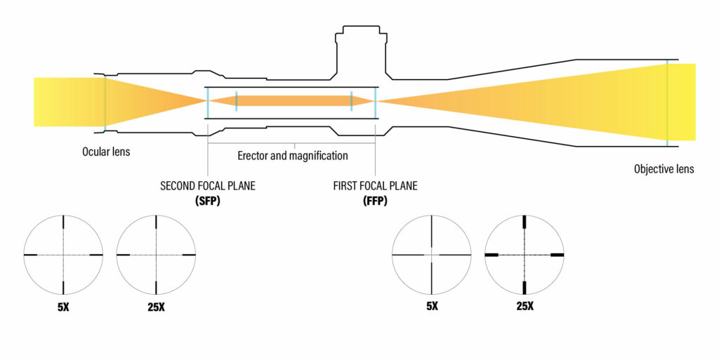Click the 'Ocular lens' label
click(106, 151)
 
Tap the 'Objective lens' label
click(664, 168)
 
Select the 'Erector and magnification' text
click(292, 156)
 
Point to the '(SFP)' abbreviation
click(208, 200)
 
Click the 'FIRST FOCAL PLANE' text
click(375, 187)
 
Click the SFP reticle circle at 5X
click(63, 255)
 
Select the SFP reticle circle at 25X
click(155, 255)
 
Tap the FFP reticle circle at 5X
click(432, 255)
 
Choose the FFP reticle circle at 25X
click(525, 255)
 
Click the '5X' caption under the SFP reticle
click(63, 307)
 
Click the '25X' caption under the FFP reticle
click(525, 307)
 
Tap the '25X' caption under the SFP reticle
click(155, 307)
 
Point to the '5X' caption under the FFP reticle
click(432, 307)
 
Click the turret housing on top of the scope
click(362, 49)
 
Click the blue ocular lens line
click(105, 102)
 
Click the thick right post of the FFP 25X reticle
click(557, 255)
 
